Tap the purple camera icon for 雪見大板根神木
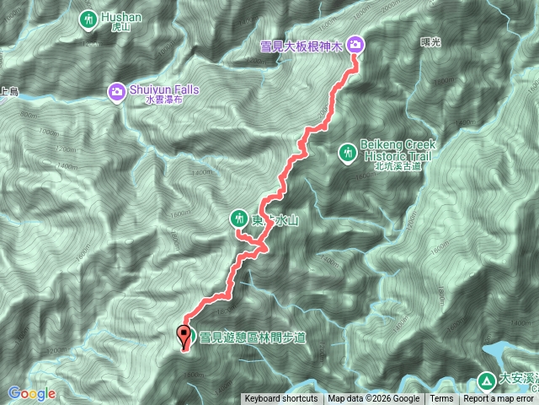pyautogui.click(x=355, y=43)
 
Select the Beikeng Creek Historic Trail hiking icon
pyautogui.click(x=346, y=153)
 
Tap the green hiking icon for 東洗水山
pyautogui.click(x=239, y=219)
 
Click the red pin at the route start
pyautogui.click(x=184, y=337)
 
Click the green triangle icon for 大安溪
pyautogui.click(x=487, y=379)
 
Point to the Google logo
pyautogui.click(x=32, y=393)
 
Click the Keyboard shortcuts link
pyautogui.click(x=281, y=399)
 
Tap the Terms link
pyautogui.click(x=441, y=399)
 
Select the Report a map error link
pyautogui.click(x=500, y=399)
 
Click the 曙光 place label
pyautogui.click(x=430, y=41)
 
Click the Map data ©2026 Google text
pyautogui.click(x=374, y=399)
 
